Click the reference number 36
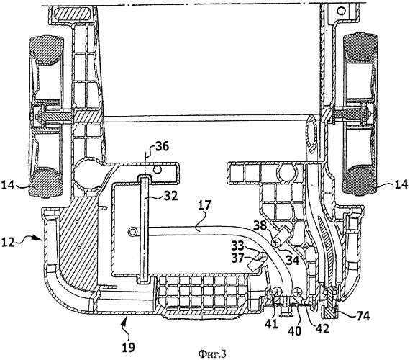pyautogui.click(x=162, y=147)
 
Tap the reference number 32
pyautogui.click(x=170, y=196)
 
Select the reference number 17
pyautogui.click(x=204, y=205)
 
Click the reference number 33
pyautogui.click(x=237, y=246)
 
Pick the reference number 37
pyautogui.click(x=238, y=258)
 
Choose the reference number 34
pyautogui.click(x=292, y=260)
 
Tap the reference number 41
pyautogui.click(x=271, y=324)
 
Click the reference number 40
pyautogui.click(x=295, y=331)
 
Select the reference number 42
pyautogui.click(x=322, y=328)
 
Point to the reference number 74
pyautogui.click(x=363, y=316)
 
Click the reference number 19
pyautogui.click(x=129, y=348)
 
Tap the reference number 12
pyautogui.click(x=8, y=242)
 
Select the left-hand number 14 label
pyautogui.click(x=8, y=185)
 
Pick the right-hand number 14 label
pyautogui.click(x=401, y=184)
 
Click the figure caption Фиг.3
pyautogui.click(x=212, y=354)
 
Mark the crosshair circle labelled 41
pyautogui.click(x=277, y=291)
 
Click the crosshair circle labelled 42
pyautogui.click(x=298, y=291)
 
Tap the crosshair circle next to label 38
pyautogui.click(x=276, y=242)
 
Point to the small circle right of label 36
pyautogui.click(x=158, y=170)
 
